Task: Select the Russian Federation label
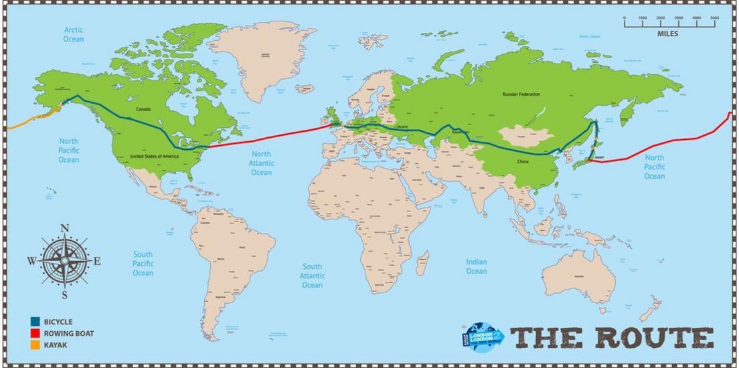click(x=521, y=94)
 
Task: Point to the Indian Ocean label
click(x=477, y=266)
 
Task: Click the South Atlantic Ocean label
click(x=312, y=275)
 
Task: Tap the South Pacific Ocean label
click(x=143, y=264)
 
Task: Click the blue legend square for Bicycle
click(x=35, y=322)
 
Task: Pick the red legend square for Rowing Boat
click(x=35, y=333)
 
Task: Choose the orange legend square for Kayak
click(x=35, y=345)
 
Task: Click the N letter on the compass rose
click(x=65, y=229)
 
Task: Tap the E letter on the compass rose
click(x=97, y=261)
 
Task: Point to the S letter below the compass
click(x=65, y=294)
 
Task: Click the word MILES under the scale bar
click(x=667, y=33)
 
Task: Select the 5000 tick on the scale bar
click(x=715, y=18)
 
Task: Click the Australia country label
click(x=578, y=276)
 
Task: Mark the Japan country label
click(x=600, y=159)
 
